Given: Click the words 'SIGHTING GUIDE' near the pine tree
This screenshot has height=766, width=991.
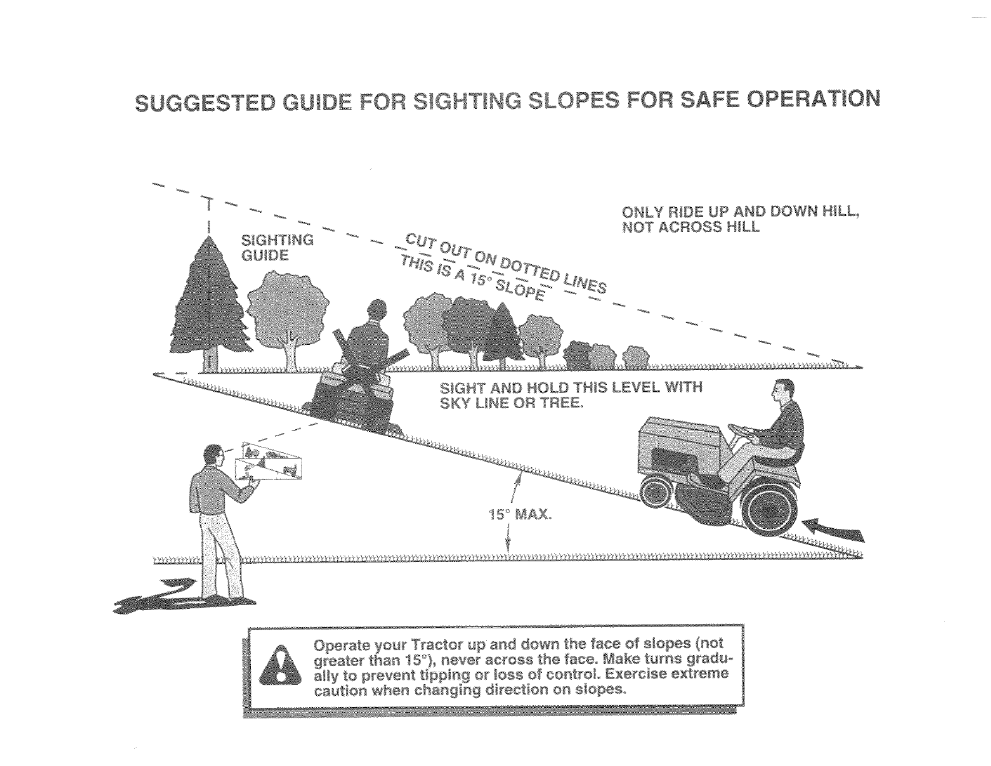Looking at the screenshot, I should [277, 248].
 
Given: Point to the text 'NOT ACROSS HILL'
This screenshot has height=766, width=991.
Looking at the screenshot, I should [691, 227].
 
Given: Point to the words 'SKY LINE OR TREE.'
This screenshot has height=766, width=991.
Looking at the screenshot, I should [512, 403].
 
